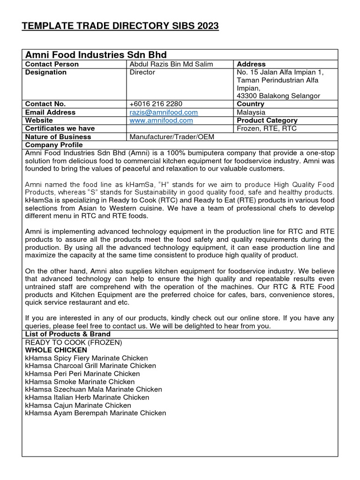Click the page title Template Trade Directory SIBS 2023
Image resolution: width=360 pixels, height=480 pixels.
[120, 26]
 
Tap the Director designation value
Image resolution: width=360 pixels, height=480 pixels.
[142, 73]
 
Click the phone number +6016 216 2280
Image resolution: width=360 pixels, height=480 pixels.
[156, 104]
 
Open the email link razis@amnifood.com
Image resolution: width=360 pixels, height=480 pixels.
[164, 112]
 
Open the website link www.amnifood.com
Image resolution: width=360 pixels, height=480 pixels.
[161, 120]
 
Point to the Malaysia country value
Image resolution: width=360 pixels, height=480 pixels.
[251, 112]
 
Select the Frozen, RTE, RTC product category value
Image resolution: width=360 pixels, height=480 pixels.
[267, 128]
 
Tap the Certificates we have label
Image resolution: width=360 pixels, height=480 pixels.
[60, 128]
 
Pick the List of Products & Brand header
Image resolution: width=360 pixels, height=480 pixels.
[68, 334]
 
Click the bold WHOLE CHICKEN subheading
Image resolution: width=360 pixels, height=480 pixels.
[56, 350]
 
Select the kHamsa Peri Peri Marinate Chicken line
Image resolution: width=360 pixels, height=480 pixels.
[82, 374]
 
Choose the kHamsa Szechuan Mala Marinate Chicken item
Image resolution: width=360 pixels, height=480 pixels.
[93, 390]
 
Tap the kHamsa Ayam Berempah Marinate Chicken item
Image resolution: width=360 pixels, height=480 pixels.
[96, 413]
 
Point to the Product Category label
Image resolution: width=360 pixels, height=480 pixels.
[267, 120]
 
